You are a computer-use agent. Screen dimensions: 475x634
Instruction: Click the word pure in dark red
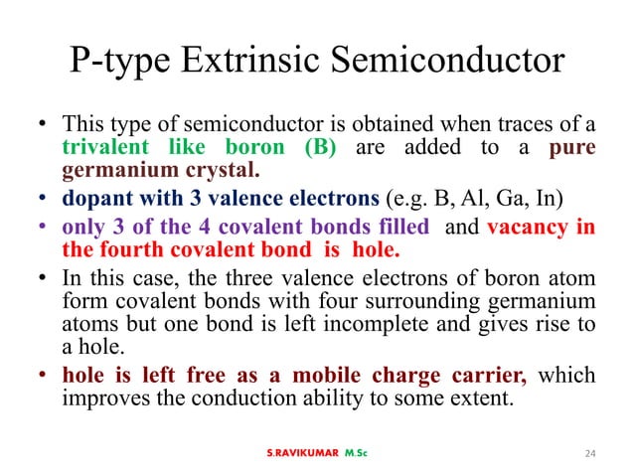[571, 147]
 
